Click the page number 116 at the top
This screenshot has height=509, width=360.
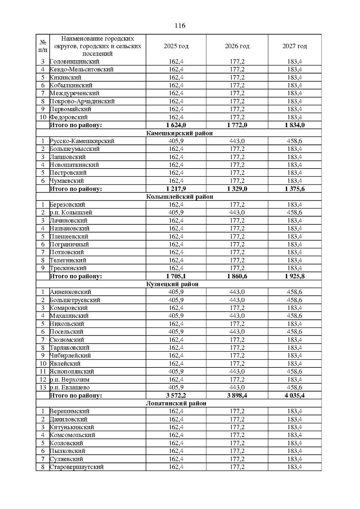pos(180,25)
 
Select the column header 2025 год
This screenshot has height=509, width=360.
pos(176,46)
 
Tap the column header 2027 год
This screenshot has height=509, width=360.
pos(295,46)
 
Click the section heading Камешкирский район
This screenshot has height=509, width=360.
pos(179,133)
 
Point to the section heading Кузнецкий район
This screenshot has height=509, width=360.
pos(172,284)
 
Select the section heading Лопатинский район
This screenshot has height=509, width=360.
pos(176,403)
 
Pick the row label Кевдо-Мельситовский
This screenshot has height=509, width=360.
pos(82,70)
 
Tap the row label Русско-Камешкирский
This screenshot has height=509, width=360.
pos(82,141)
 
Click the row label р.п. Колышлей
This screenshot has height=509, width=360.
pos(71,213)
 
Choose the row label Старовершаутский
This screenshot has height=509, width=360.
pos(77,467)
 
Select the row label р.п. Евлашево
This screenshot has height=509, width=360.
pos(70,388)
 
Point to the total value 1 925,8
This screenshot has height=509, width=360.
pos(295,276)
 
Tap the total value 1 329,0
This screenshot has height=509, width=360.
pos(237,189)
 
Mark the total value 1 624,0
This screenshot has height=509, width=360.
pos(176,125)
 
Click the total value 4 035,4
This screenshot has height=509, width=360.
pos(295,395)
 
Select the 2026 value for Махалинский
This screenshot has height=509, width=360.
pos(237,316)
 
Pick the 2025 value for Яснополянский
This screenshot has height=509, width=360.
pos(176,372)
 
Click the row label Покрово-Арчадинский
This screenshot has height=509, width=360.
pos(82,101)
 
